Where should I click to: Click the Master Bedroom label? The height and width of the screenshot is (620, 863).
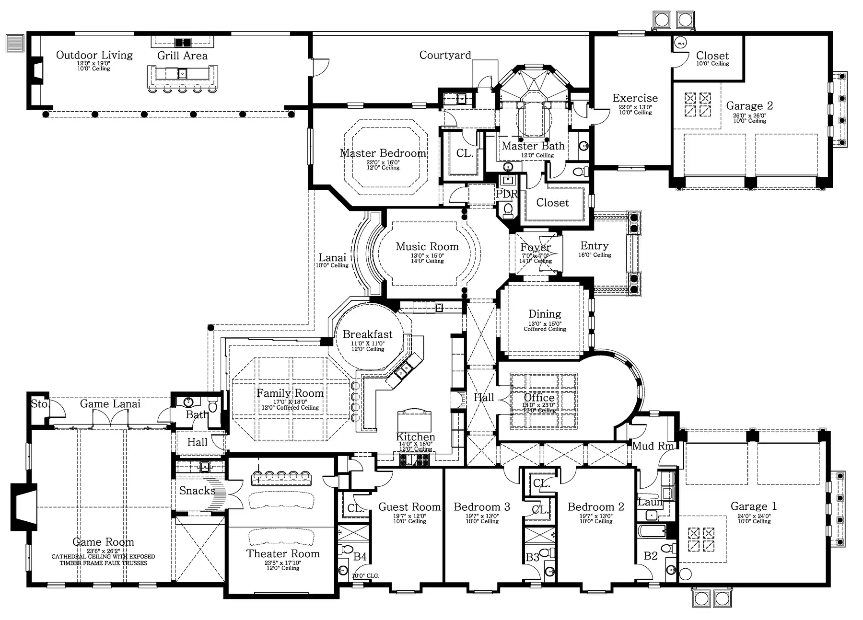coord(383,153)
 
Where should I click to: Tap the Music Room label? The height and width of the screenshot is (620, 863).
coord(427,247)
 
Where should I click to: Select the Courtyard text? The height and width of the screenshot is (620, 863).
coord(445,55)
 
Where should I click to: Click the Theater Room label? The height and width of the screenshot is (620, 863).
coord(283,554)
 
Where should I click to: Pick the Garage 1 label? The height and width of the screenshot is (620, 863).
coord(754,506)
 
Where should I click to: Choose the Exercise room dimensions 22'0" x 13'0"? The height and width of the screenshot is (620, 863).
coord(635,107)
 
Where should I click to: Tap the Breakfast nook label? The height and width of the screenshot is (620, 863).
coord(368,334)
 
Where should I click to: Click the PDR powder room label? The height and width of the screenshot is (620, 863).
coord(507,194)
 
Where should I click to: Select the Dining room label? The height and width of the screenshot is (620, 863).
coord(545,314)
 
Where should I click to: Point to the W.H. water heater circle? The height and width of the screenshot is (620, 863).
coord(680,44)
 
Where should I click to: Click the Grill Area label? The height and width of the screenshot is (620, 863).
coord(182,56)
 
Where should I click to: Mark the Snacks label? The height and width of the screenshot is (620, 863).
coord(197,491)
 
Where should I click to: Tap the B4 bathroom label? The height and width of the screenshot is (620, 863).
coord(360,557)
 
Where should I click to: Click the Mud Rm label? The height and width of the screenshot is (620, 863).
coord(653,446)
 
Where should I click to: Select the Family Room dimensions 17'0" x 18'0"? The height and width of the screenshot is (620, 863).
coord(290,402)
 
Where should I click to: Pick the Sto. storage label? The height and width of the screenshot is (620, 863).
coord(39,404)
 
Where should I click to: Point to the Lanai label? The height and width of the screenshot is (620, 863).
coord(332,258)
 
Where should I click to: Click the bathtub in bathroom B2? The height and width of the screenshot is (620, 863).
coord(652,531)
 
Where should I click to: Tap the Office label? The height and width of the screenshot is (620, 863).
coord(539,398)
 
